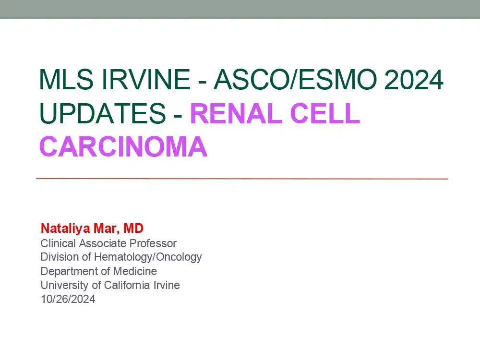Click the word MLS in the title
click(x=66, y=79)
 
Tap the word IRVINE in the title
click(x=146, y=79)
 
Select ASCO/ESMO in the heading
click(x=295, y=79)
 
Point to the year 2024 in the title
click(x=414, y=79)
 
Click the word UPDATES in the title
click(x=103, y=113)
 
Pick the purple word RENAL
click(x=236, y=113)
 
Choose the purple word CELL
click(x=325, y=113)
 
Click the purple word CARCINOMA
click(x=123, y=146)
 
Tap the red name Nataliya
click(x=65, y=228)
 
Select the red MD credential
click(x=133, y=228)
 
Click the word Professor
click(x=153, y=243)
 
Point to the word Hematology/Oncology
click(x=148, y=257)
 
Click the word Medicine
click(x=135, y=271)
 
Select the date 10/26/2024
click(x=68, y=299)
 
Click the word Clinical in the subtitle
click(x=58, y=243)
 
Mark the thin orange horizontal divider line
click(x=242, y=179)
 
